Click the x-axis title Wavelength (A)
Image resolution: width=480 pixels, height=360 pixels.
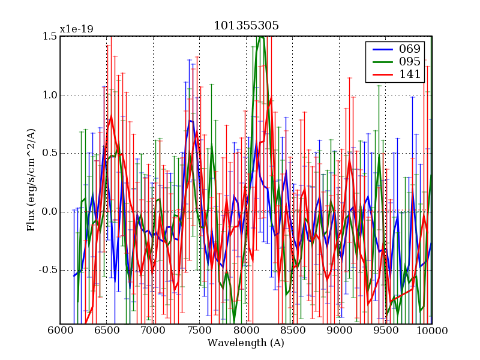click(x=246, y=343)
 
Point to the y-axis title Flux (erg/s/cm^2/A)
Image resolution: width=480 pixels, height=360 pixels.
click(x=31, y=180)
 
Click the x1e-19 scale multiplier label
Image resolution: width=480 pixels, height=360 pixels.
click(x=76, y=29)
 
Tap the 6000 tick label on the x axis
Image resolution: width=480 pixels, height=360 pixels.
click(x=60, y=331)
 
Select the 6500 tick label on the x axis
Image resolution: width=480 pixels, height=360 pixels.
click(x=107, y=331)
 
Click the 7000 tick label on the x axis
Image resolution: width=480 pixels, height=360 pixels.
click(x=153, y=331)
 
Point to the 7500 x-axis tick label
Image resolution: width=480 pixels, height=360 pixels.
click(x=200, y=331)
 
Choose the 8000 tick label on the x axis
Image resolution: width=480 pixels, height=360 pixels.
click(x=246, y=331)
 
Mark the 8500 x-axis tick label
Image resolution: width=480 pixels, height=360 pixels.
click(x=293, y=331)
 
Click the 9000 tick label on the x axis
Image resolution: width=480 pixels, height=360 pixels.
click(x=339, y=331)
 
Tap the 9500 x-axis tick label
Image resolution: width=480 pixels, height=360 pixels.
click(x=386, y=331)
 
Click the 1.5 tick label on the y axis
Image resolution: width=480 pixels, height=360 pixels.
click(x=50, y=37)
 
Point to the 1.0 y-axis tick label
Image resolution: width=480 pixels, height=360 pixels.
click(x=50, y=95)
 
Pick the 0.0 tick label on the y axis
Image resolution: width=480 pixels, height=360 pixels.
click(x=50, y=212)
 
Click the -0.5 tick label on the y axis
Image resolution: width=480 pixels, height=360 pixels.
click(x=49, y=270)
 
